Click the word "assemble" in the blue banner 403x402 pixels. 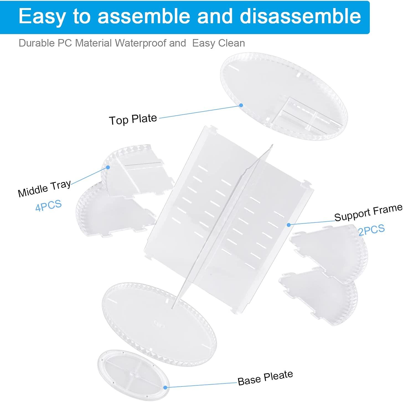(x=144, y=16)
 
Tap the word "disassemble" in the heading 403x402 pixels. (x=300, y=16)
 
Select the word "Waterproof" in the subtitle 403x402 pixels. (x=150, y=43)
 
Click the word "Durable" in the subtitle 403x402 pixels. (x=37, y=43)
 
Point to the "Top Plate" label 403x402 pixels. (x=133, y=119)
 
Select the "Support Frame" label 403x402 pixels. (x=368, y=212)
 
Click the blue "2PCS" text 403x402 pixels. (x=372, y=229)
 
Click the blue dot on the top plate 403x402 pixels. (x=241, y=105)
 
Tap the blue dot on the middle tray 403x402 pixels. (x=108, y=167)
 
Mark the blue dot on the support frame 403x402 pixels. (x=289, y=225)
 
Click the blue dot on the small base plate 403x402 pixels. (x=165, y=388)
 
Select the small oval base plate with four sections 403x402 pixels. (x=133, y=375)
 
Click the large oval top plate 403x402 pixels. (x=284, y=96)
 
